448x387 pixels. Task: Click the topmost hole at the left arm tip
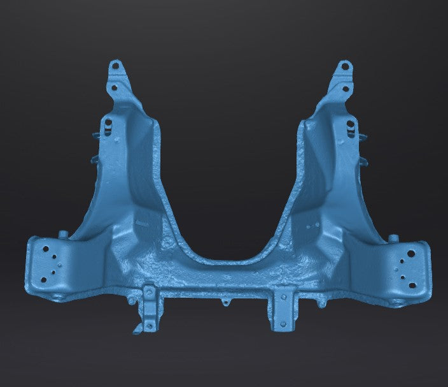click(x=115, y=65)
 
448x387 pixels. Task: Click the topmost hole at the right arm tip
click(x=346, y=65)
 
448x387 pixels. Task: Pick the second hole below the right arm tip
click(x=347, y=89)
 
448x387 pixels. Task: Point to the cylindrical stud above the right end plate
click(x=394, y=238)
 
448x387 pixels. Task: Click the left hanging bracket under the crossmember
click(x=149, y=309)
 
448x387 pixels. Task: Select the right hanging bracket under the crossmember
click(x=281, y=309)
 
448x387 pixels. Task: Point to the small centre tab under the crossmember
click(x=225, y=300)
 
